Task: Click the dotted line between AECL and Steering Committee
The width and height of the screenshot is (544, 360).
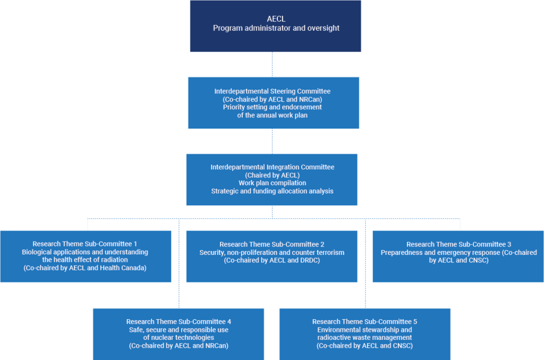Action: point(273,64)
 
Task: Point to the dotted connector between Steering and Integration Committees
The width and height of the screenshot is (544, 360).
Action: point(273,141)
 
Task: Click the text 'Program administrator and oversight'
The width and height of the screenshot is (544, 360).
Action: point(276,28)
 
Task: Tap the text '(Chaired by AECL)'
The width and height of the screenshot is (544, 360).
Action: point(272,175)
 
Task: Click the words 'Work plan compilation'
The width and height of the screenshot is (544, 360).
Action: point(272,183)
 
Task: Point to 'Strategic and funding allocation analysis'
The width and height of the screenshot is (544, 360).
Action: point(272,191)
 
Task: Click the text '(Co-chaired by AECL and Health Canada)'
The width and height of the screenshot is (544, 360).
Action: point(85,268)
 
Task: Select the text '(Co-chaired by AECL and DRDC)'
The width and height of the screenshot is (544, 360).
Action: point(271,260)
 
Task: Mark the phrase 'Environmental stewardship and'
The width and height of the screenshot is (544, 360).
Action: point(364,330)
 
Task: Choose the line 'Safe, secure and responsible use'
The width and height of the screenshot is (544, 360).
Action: point(178,330)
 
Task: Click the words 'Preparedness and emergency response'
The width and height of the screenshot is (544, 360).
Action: point(440,253)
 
